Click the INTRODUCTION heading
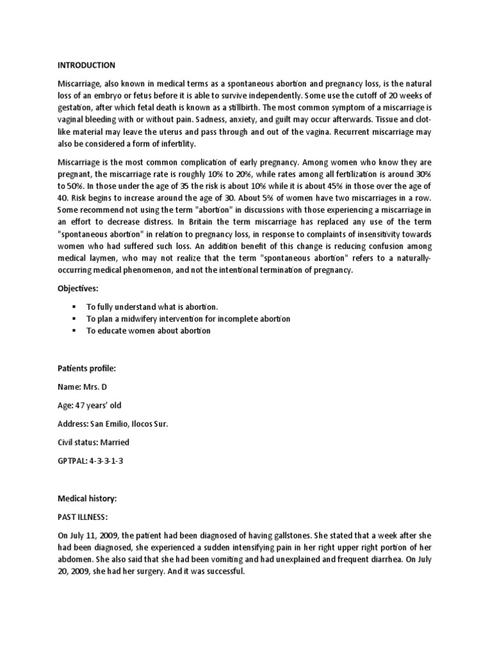pos(87,65)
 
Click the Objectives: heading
pos(78,289)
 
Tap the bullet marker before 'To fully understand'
pos(75,307)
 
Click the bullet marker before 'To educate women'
pos(75,331)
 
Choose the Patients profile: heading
pos(85,369)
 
